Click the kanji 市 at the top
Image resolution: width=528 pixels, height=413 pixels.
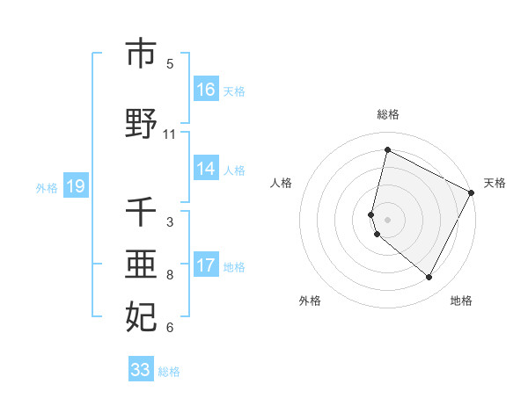(x=141, y=54)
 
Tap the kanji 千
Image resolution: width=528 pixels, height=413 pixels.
(x=141, y=213)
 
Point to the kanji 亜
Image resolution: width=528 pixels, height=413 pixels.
(x=141, y=264)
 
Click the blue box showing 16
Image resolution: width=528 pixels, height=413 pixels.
(x=206, y=89)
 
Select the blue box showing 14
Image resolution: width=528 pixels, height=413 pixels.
(x=206, y=169)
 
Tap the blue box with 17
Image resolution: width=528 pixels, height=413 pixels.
(x=206, y=265)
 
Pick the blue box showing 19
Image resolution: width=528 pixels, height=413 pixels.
(x=75, y=186)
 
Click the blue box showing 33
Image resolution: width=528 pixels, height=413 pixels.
(x=141, y=369)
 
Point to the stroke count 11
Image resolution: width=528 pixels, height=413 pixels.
(x=170, y=134)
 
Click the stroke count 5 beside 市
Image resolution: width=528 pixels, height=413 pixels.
(x=170, y=64)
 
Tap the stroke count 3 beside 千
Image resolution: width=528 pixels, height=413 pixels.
(x=170, y=222)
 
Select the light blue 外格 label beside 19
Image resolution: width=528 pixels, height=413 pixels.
(x=47, y=187)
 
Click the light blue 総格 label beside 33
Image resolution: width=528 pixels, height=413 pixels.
(x=169, y=371)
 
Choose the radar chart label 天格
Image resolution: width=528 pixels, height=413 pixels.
(x=495, y=183)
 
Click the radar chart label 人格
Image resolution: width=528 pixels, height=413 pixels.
(x=282, y=183)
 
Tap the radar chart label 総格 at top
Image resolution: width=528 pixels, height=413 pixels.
(x=388, y=114)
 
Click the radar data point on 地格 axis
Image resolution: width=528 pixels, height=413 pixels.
(x=429, y=278)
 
